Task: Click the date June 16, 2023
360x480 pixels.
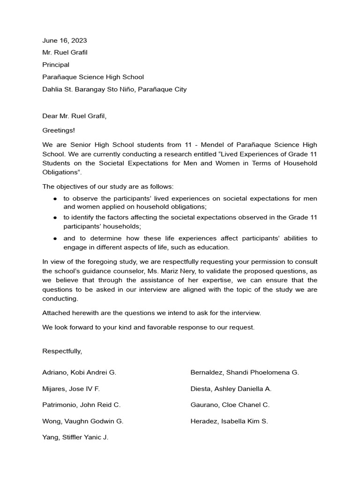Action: click(64, 40)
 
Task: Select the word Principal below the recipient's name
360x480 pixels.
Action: click(56, 65)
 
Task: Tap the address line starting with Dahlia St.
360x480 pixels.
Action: click(114, 89)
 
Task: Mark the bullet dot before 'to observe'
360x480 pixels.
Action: click(55, 199)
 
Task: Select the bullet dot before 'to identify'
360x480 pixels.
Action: click(55, 218)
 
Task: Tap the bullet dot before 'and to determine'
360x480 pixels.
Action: click(55, 239)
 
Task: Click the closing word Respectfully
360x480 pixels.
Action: click(62, 351)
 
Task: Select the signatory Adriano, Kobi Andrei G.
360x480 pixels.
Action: click(79, 373)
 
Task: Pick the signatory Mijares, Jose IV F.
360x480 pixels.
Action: click(71, 389)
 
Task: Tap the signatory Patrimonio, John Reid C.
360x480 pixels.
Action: click(82, 405)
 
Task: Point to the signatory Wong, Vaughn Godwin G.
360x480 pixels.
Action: click(83, 421)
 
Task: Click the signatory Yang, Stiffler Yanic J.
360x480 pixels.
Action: click(75, 438)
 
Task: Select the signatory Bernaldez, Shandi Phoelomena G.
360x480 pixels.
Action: click(245, 373)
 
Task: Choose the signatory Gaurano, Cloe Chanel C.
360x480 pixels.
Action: click(230, 405)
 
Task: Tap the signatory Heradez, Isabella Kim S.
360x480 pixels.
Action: click(229, 421)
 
